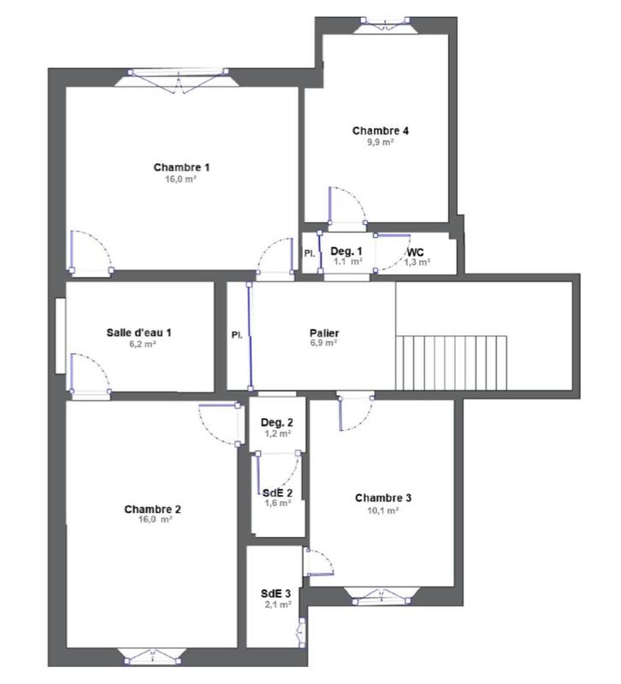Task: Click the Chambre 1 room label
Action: [x=181, y=167]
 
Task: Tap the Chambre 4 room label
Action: [x=381, y=131]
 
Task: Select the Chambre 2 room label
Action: [x=152, y=509]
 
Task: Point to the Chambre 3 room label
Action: [x=384, y=498]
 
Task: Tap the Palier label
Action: [x=324, y=332]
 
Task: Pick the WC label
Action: [x=416, y=253]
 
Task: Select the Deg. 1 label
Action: [x=346, y=251]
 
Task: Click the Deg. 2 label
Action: [x=277, y=422]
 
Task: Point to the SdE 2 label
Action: [x=277, y=492]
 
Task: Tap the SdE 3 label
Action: [x=276, y=593]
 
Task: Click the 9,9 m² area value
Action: [x=381, y=143]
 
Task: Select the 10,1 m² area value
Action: [x=384, y=510]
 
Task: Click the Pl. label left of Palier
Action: [x=237, y=334]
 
